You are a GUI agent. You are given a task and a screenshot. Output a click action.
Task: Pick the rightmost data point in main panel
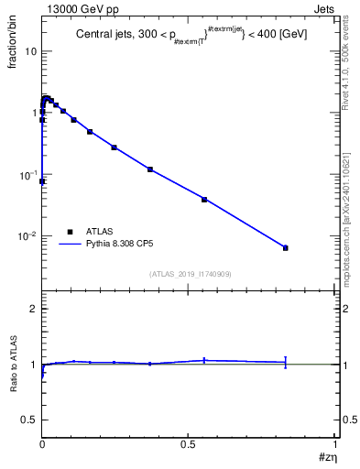tap(286, 248)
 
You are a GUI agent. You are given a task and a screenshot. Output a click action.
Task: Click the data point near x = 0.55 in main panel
tap(204, 199)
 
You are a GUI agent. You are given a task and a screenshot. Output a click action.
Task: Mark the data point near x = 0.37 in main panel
tap(150, 169)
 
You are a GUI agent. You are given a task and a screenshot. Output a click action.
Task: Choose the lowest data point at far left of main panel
tap(42, 181)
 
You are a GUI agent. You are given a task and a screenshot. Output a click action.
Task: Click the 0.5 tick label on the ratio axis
tap(30, 419)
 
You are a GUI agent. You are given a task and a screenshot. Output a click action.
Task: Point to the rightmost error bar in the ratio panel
tap(286, 362)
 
